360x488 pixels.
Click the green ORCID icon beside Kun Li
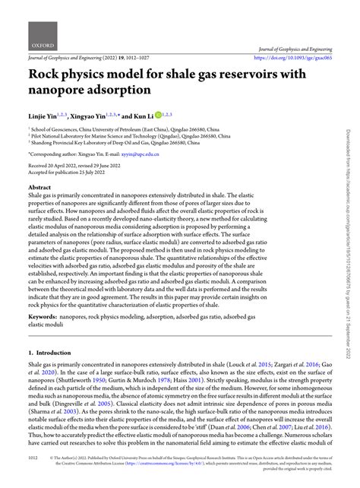click(158, 114)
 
